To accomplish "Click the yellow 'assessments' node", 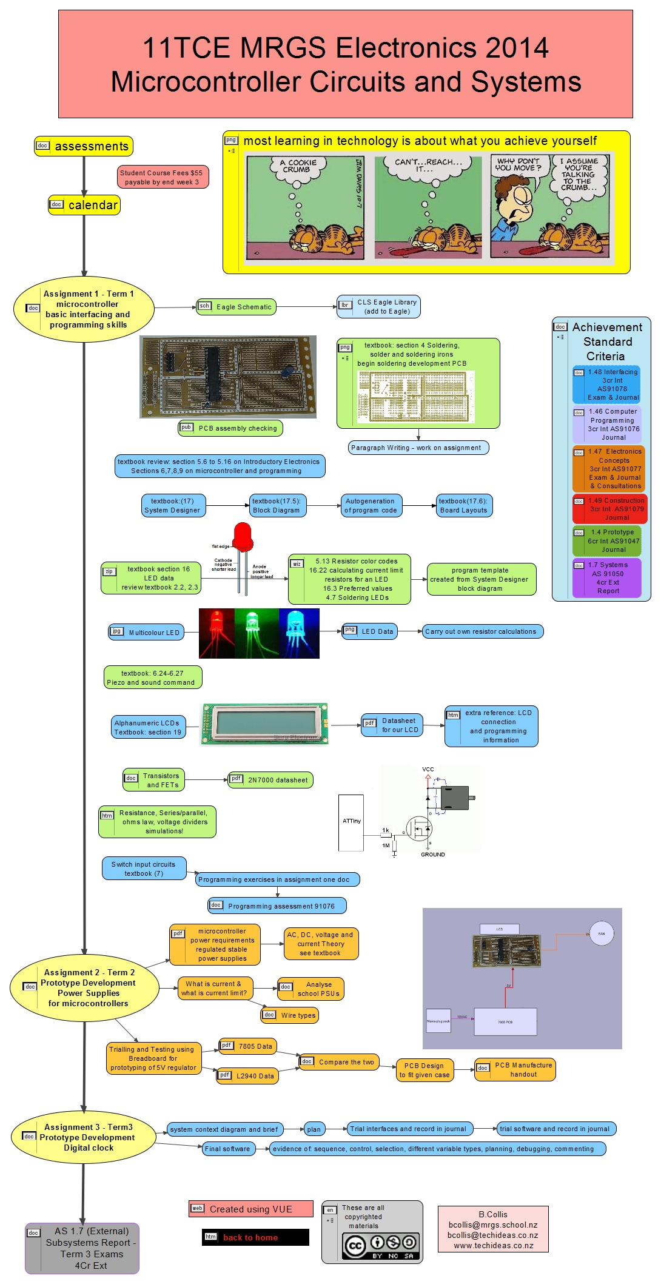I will pyautogui.click(x=84, y=146).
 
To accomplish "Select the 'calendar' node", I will pyautogui.click(x=84, y=205).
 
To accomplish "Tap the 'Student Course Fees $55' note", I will pyautogui.click(x=163, y=177).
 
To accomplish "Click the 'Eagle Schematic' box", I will pyautogui.click(x=236, y=307).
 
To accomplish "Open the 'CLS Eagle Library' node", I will pyautogui.click(x=379, y=307).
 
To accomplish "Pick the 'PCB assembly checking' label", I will pyautogui.click(x=230, y=428).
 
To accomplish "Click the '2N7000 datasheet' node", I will pyautogui.click(x=270, y=780).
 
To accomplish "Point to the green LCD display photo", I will pyautogui.click(x=265, y=724).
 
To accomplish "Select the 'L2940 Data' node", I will pyautogui.click(x=248, y=1076).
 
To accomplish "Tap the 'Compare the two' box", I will pyautogui.click(x=339, y=1062).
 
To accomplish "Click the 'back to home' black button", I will pyautogui.click(x=255, y=1237).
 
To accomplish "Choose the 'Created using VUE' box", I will pyautogui.click(x=251, y=1209).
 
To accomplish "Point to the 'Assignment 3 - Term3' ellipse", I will pyautogui.click(x=84, y=1137).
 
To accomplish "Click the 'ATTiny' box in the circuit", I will pyautogui.click(x=351, y=821).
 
